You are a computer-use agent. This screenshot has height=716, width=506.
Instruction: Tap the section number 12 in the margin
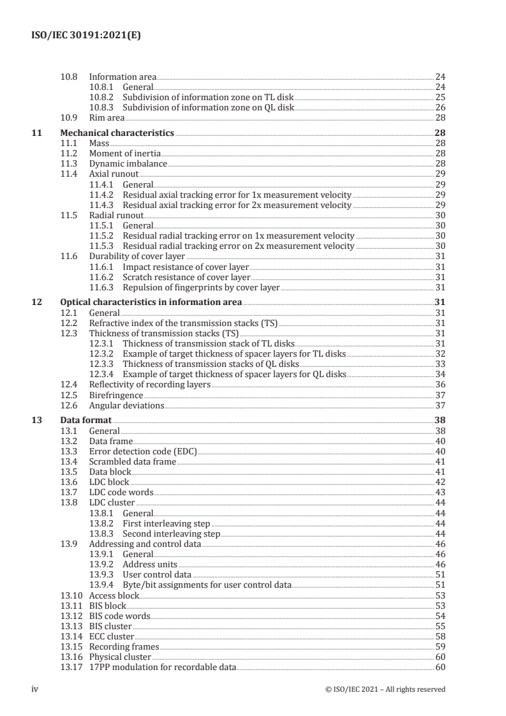click(x=36, y=302)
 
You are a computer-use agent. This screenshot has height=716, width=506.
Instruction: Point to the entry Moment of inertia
click(x=125, y=154)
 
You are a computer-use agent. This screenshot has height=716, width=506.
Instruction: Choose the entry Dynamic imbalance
click(x=128, y=163)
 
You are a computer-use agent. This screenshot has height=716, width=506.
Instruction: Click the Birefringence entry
click(x=115, y=396)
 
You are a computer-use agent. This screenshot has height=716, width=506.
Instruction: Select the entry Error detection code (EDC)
click(x=143, y=451)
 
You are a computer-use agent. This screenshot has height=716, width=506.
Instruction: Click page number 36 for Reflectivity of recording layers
click(x=439, y=385)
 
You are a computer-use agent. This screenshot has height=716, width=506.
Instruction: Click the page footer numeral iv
click(x=36, y=689)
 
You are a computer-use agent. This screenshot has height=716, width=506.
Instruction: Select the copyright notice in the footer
click(x=385, y=689)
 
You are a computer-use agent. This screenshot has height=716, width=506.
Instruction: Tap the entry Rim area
click(x=107, y=117)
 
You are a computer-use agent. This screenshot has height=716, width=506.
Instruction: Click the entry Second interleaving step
click(x=171, y=533)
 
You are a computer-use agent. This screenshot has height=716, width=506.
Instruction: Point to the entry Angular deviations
click(x=126, y=405)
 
